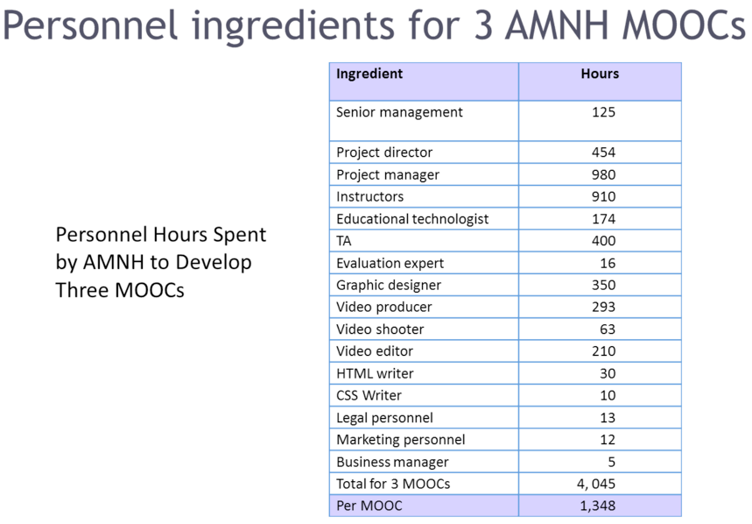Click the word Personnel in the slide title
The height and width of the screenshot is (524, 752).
tap(90, 25)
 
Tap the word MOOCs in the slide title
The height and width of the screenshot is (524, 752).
tap(684, 25)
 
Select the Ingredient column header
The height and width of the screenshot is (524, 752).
tap(369, 74)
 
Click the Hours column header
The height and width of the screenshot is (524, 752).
tap(600, 74)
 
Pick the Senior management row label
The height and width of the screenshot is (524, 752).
tap(399, 112)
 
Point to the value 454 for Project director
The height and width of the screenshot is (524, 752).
tap(603, 152)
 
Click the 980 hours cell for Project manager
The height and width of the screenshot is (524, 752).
tap(603, 174)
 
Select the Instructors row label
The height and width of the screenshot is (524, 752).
tap(369, 197)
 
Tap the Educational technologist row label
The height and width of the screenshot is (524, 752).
tap(412, 219)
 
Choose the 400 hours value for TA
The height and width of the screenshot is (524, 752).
tap(603, 241)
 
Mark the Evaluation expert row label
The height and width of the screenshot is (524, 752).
tap(390, 264)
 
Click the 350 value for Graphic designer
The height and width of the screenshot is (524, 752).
tap(603, 285)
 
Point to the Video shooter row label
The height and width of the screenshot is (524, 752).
tap(380, 329)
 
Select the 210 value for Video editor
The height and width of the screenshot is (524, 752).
tap(603, 351)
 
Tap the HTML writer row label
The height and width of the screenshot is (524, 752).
tap(375, 373)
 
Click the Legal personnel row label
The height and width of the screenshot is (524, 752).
tap(384, 418)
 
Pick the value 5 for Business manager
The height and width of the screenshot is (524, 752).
tap(611, 462)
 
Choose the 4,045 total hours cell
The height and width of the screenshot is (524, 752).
tap(596, 485)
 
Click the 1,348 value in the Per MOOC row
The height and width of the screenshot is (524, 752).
tap(598, 506)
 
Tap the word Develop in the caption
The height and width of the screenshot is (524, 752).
tap(214, 263)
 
